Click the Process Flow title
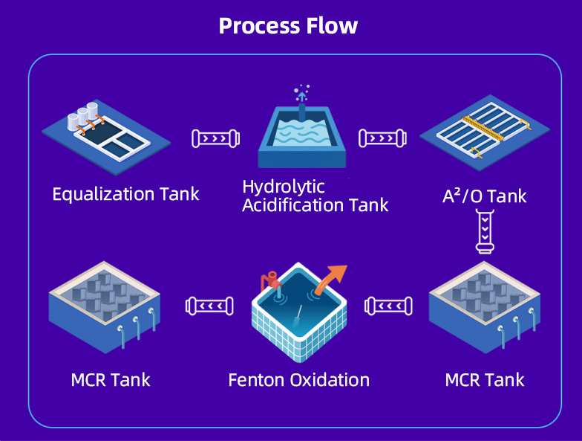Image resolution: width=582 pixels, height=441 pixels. point(288,26)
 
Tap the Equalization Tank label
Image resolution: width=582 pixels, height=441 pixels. point(126,194)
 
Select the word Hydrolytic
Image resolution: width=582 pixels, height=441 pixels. point(284,187)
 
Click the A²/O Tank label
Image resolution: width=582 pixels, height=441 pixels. point(484,196)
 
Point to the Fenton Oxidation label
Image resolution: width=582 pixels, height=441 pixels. point(298,380)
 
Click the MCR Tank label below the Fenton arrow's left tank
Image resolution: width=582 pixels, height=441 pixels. point(111,380)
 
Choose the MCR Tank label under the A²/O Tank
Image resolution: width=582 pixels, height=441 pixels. point(485,380)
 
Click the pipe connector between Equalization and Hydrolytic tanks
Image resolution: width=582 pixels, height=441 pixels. point(215,138)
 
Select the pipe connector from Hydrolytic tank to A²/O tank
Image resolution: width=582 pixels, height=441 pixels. point(382,138)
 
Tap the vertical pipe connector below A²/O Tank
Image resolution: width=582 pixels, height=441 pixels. point(485,231)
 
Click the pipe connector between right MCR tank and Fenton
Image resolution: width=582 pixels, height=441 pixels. point(389,306)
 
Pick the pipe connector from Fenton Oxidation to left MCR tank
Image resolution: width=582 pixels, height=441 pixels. point(209,306)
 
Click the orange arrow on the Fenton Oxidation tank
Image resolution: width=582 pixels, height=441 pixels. point(331,280)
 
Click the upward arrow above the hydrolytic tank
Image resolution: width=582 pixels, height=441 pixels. point(302,97)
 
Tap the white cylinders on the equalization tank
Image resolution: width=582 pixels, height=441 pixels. point(83,116)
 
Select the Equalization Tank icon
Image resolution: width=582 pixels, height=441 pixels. point(106,137)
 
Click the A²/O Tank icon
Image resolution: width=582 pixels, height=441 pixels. point(485,132)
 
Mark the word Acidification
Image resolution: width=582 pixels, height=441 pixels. point(292,205)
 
